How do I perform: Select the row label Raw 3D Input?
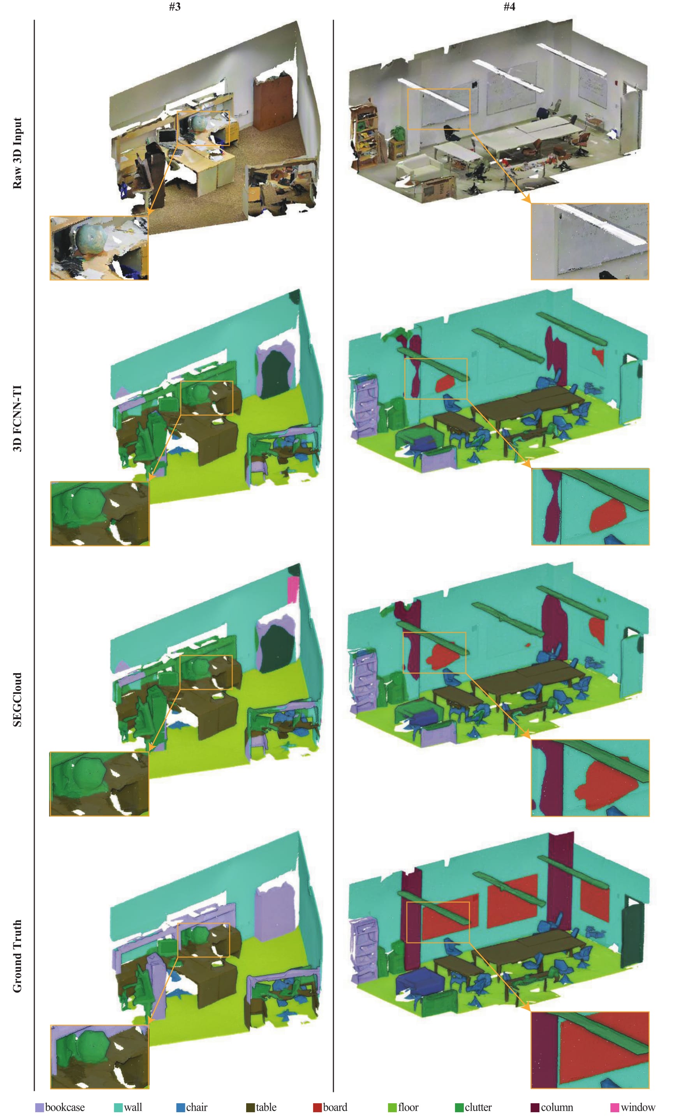click(x=17, y=153)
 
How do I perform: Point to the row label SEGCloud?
click(x=17, y=700)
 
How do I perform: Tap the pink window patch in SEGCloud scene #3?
click(x=293, y=589)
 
